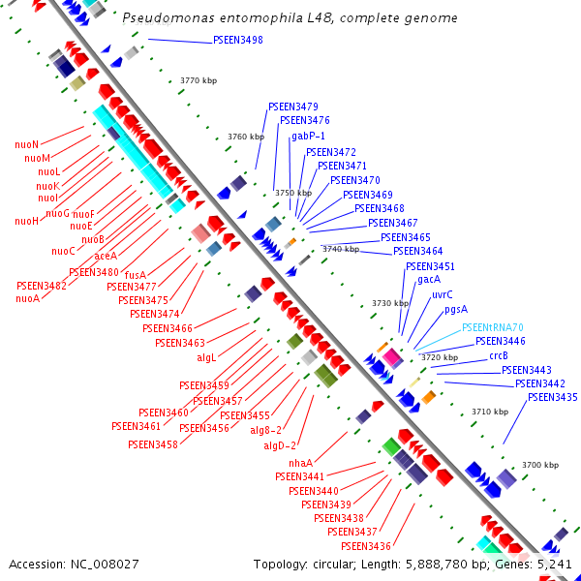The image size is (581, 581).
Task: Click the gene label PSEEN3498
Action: [x=238, y=40]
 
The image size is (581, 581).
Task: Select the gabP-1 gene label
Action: [x=308, y=137]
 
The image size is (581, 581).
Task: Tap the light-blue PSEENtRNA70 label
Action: [x=493, y=327]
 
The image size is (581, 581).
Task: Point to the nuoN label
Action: [x=27, y=144]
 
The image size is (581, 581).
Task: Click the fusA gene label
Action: [x=136, y=275]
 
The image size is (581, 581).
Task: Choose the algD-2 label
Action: [x=280, y=445]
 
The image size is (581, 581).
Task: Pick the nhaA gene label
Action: [x=300, y=463]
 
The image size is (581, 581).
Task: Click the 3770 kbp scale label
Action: [x=199, y=80]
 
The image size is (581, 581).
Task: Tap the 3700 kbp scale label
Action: [x=540, y=465]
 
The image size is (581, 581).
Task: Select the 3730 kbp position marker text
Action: [x=390, y=303]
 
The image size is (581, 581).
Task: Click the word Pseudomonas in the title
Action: [x=168, y=17]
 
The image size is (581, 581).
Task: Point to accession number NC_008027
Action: [x=105, y=565]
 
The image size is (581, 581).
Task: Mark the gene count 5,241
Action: [x=554, y=565]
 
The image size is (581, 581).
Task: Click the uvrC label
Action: [x=443, y=294]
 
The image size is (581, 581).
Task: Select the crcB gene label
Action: [x=499, y=355]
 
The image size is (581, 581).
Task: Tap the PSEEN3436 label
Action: [x=366, y=546]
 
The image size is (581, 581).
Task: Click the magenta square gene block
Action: [x=392, y=356]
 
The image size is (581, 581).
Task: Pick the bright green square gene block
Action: [x=391, y=446]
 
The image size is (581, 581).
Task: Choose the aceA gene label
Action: [x=106, y=256]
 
